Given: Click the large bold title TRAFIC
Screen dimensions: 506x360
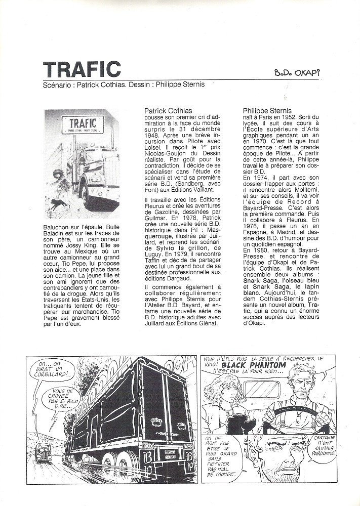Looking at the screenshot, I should coord(82,69).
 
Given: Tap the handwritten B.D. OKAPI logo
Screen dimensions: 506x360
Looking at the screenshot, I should coord(297,73).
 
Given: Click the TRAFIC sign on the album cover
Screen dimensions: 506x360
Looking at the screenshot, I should coord(82,123).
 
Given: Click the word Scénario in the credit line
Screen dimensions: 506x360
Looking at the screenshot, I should coord(56,85).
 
